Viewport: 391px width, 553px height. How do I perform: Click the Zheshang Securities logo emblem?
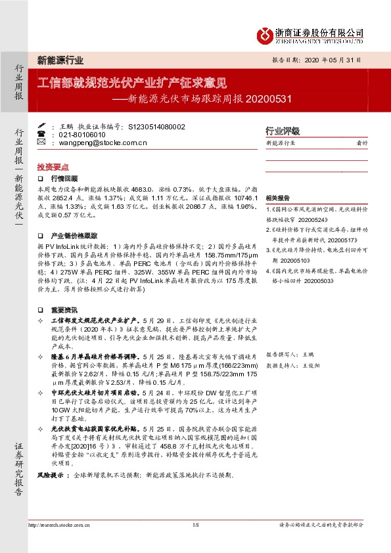[x=265, y=33]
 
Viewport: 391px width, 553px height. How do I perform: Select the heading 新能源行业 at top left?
[x=60, y=60]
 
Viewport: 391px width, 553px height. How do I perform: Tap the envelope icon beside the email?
[x=41, y=142]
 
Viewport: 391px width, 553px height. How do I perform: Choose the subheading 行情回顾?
[x=64, y=178]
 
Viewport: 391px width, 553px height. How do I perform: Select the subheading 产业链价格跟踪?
[x=74, y=234]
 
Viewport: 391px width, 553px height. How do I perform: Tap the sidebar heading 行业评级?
[x=282, y=131]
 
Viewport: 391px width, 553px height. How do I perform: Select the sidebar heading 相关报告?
[x=278, y=198]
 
